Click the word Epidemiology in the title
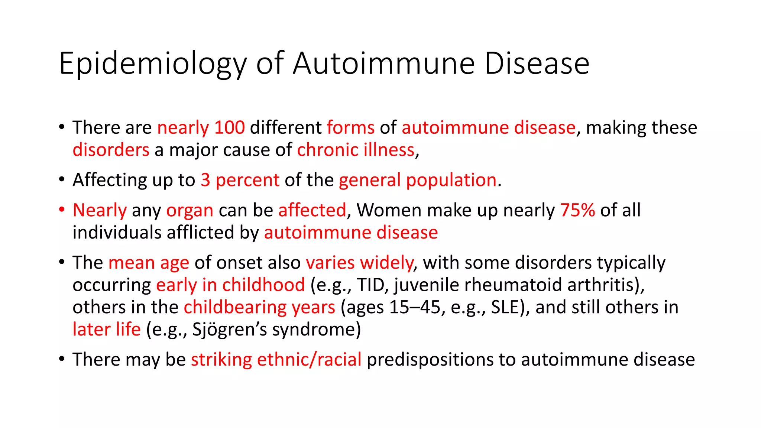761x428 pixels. (x=152, y=64)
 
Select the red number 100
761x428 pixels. (x=230, y=127)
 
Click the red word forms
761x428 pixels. (x=350, y=127)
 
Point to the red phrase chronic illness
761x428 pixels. (x=356, y=150)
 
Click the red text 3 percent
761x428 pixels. (x=240, y=180)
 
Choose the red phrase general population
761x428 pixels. (x=418, y=180)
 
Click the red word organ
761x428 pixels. (x=190, y=210)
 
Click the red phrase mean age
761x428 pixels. (x=149, y=263)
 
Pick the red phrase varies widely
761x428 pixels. (x=359, y=263)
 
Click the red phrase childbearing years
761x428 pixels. (x=259, y=307)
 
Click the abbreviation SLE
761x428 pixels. (x=503, y=307)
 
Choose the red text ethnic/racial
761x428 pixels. (x=309, y=360)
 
